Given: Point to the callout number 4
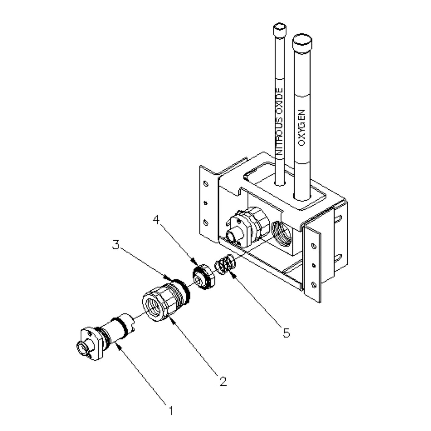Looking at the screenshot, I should [x=157, y=220].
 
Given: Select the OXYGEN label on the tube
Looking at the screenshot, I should [x=302, y=128].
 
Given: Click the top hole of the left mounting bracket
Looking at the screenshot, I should [x=206, y=184].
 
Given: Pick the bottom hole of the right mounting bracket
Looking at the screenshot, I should [x=314, y=284].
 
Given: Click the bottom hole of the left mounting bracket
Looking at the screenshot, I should [x=206, y=222].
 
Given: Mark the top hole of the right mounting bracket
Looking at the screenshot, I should [x=313, y=246].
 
